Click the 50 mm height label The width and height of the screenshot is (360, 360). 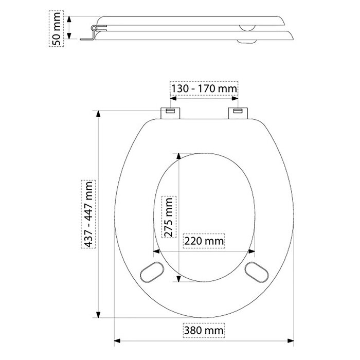(x=57, y=29)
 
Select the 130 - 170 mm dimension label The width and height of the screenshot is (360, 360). (x=204, y=88)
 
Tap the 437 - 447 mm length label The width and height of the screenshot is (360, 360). (x=88, y=214)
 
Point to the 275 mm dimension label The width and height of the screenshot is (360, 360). (x=169, y=217)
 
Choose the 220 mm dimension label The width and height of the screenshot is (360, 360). (x=204, y=241)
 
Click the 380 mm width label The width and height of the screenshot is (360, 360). (x=204, y=330)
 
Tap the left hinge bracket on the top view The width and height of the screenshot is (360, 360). (x=170, y=113)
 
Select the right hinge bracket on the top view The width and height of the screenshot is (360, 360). (x=238, y=113)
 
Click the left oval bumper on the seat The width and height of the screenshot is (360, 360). (x=152, y=272)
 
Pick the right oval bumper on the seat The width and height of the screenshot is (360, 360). (x=257, y=272)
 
